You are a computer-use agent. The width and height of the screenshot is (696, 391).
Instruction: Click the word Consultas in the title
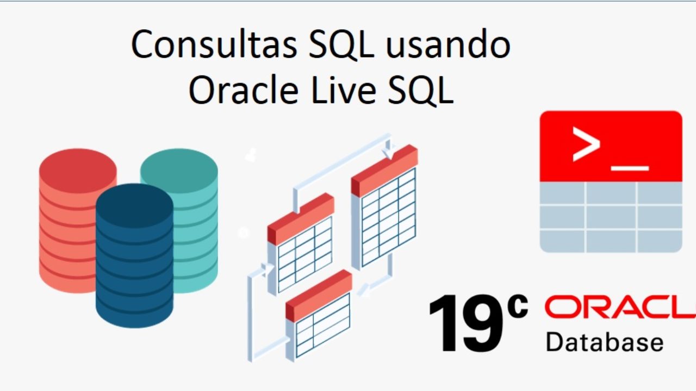[x=214, y=44]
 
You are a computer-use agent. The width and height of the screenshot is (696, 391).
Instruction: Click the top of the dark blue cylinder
[x=134, y=205]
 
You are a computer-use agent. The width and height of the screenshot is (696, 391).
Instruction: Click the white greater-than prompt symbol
[x=586, y=144]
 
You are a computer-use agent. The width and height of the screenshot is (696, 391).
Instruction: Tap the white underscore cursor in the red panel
[x=630, y=168]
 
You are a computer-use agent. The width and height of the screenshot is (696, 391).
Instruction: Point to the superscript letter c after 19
[x=517, y=306]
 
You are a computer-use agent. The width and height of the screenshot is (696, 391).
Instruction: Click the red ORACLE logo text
[x=620, y=307]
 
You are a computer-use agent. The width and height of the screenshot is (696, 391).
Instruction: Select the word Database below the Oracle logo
[x=605, y=342]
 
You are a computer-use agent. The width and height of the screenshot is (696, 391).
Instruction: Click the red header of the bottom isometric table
[x=319, y=295]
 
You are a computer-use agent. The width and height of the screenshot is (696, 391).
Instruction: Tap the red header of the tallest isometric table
[x=384, y=171]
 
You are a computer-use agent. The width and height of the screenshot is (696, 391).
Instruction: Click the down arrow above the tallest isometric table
[x=388, y=149]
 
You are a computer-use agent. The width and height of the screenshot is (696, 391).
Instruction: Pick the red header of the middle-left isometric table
[x=301, y=219]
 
